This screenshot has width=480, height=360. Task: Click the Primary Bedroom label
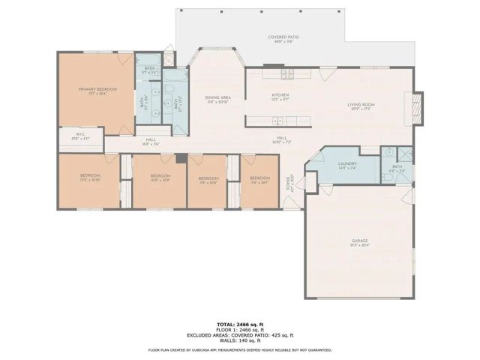click(95, 90)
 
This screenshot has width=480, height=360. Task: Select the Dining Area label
click(217, 98)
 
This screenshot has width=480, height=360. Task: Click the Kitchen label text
click(280, 96)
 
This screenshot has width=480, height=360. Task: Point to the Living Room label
click(360, 105)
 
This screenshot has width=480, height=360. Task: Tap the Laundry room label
click(346, 164)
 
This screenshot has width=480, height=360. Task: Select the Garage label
click(360, 242)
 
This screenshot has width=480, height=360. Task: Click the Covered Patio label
click(283, 37)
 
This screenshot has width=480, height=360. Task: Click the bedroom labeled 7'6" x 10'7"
click(259, 180)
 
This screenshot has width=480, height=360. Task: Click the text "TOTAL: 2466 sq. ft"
click(239, 319)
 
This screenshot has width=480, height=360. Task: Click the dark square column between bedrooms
click(181, 158)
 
